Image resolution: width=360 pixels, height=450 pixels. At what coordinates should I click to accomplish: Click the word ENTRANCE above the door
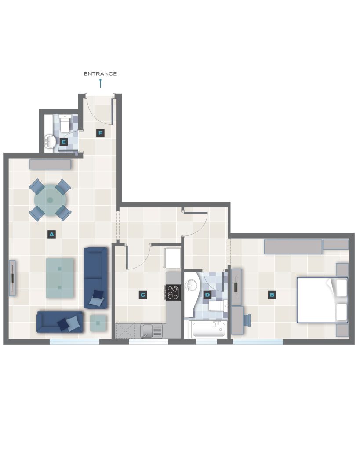pos(100,74)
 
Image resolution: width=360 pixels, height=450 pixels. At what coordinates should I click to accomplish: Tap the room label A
pos(51,234)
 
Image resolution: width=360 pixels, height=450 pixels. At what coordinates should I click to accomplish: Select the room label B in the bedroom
pos(272,294)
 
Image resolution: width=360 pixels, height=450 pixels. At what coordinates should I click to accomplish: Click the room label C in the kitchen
pos(143,294)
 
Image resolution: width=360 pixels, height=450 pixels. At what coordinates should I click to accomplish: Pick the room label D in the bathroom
pos(207,294)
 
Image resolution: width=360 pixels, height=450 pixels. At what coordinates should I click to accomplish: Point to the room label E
pos(64,142)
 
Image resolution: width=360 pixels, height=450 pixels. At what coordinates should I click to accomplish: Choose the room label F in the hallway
pos(100,133)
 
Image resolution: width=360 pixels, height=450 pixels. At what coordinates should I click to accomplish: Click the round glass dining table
pos(50,200)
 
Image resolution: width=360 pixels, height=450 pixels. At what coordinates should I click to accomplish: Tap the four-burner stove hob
pos(173,292)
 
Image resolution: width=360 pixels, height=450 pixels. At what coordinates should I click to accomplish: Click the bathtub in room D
pos(209,330)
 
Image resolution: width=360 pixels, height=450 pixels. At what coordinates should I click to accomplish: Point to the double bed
pos(322,300)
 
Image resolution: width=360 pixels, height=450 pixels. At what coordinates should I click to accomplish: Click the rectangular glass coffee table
pos(60,278)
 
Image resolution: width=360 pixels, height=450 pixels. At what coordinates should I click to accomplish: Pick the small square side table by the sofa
pos(98,323)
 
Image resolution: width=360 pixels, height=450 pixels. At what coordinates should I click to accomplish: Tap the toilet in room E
pos(65,123)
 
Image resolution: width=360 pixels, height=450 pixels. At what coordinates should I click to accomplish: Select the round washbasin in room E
pos(51,142)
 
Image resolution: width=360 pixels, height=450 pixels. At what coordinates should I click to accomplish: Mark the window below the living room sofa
pos(74,341)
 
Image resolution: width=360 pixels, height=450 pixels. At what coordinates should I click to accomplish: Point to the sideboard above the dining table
pos(50,164)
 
